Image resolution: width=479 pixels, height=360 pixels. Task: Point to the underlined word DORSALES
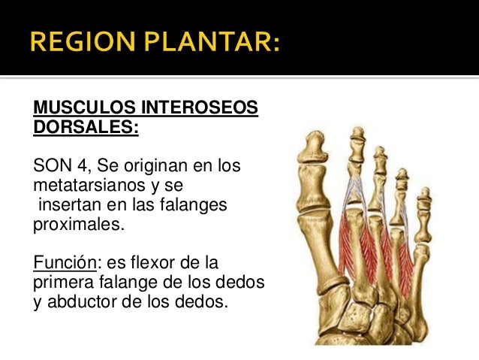tap(86, 126)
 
